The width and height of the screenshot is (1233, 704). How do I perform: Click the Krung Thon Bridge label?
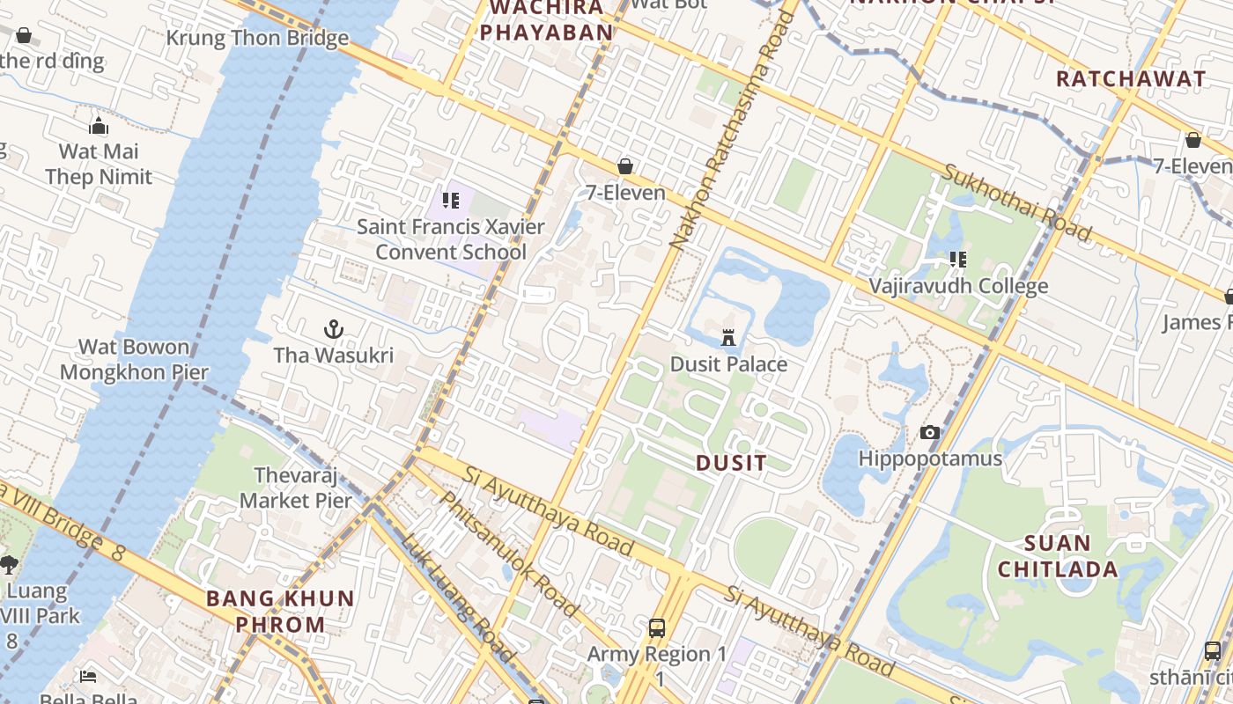click(x=257, y=39)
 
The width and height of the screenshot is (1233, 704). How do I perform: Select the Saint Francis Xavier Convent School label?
click(x=451, y=239)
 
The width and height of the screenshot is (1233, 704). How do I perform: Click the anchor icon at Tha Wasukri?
click(x=333, y=330)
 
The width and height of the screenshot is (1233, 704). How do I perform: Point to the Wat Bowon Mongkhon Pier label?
click(x=134, y=359)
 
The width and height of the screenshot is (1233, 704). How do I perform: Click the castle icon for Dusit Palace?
click(x=728, y=337)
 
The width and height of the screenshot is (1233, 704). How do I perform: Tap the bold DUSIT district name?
click(x=731, y=463)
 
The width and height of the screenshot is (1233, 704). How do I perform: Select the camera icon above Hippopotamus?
click(x=929, y=432)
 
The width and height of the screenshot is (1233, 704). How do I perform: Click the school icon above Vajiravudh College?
click(x=958, y=260)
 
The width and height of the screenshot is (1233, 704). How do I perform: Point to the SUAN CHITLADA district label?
click(x=1057, y=556)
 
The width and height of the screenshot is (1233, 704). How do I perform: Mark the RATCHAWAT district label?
click(x=1131, y=78)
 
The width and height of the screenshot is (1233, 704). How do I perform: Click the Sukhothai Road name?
click(x=1017, y=202)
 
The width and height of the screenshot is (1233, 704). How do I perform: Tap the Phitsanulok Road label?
click(x=508, y=554)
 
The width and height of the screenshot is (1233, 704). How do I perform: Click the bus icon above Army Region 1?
click(x=657, y=627)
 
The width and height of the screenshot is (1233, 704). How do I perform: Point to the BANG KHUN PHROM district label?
click(x=280, y=612)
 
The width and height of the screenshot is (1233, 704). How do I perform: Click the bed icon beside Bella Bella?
click(x=88, y=676)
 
